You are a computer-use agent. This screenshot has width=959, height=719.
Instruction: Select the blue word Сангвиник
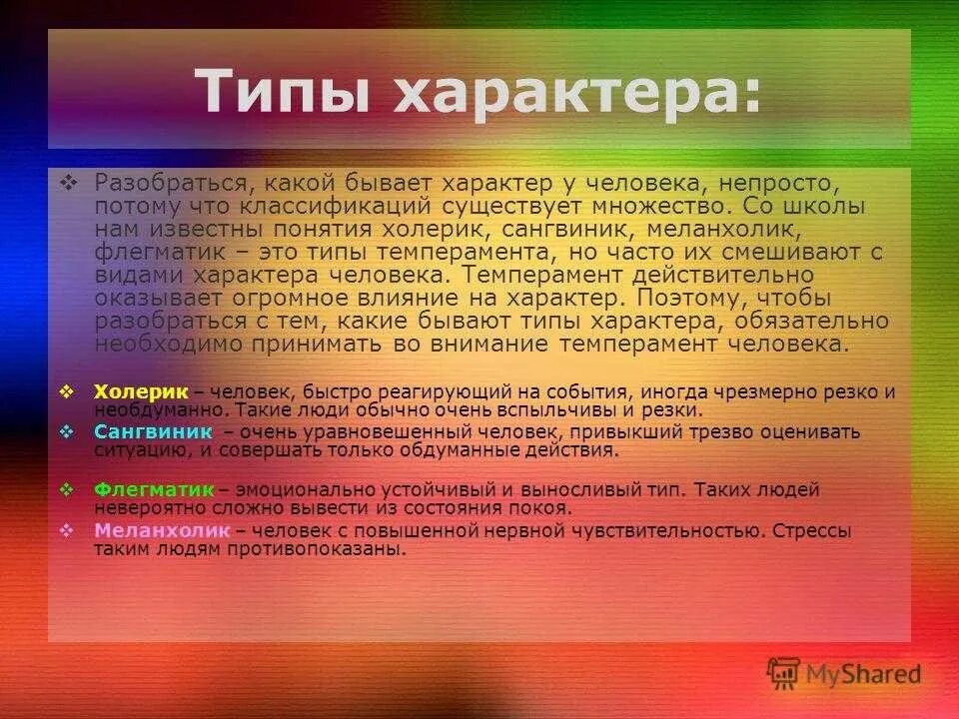[153, 431]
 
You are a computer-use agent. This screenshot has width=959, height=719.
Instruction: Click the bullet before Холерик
[67, 391]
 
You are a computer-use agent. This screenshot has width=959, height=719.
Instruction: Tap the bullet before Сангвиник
[67, 431]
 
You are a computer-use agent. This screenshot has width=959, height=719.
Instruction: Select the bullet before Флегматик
[67, 490]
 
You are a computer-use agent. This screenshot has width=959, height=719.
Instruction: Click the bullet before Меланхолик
[67, 530]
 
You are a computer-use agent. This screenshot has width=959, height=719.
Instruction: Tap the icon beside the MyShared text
[782, 673]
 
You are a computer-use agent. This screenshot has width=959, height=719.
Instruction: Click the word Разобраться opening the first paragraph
[166, 184]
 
